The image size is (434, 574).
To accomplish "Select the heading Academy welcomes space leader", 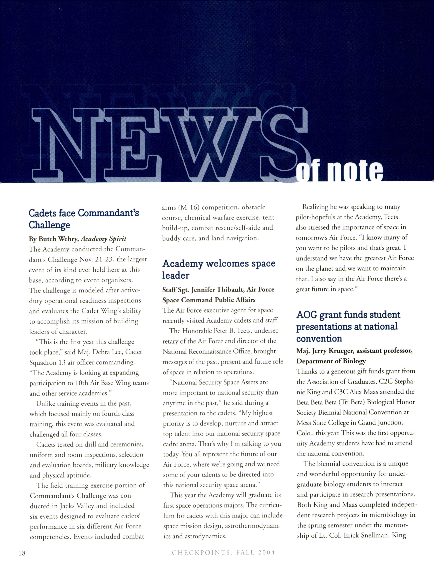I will click(219, 269).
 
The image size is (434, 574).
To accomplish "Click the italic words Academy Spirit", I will click(104, 239).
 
